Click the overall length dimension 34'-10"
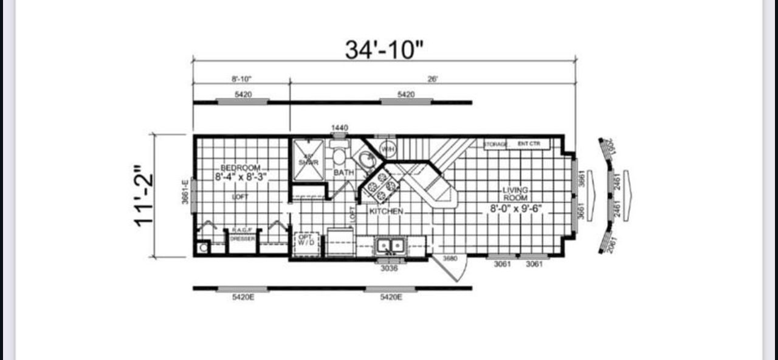pos(384,50)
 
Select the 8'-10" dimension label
pos(241,79)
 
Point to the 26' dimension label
pos(433,79)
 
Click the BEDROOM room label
pos(241,167)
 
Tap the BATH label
pos(343,173)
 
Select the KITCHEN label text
pos(386,211)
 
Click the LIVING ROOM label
pos(515,194)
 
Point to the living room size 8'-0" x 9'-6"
pos(516,209)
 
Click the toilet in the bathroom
pos(339,156)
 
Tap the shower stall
pos(309,161)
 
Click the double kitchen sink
pos(391,246)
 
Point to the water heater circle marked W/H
pos(387,148)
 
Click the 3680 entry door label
pos(450,258)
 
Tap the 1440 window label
pos(340,128)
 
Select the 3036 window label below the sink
pos(389,268)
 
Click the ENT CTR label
pos(526,144)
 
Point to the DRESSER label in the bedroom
pos(243,239)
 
